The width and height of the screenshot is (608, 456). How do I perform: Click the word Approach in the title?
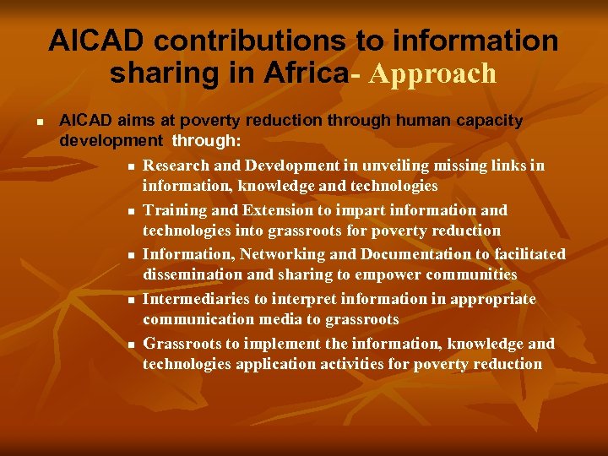pyautogui.click(x=433, y=74)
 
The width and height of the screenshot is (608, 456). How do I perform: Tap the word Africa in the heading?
pyautogui.click(x=306, y=73)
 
